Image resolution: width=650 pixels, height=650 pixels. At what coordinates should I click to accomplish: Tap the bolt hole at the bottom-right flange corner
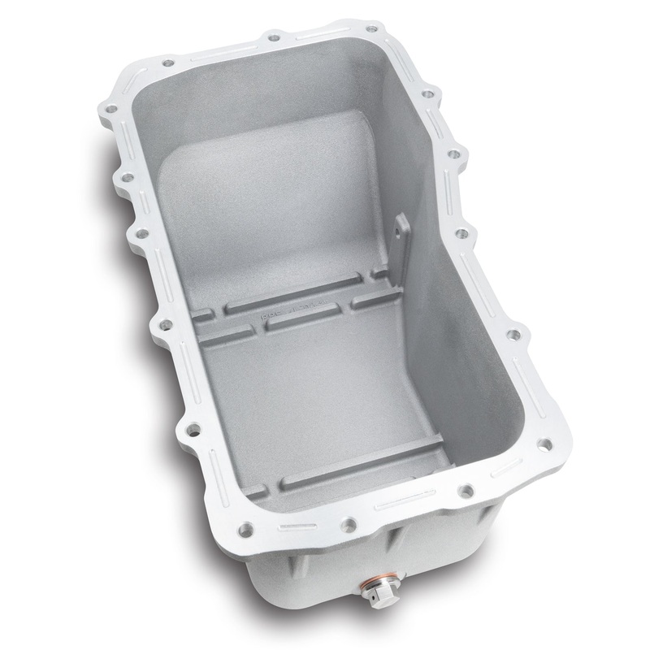click(x=546, y=443)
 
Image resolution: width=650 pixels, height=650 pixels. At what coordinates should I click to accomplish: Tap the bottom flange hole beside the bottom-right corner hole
click(x=466, y=491)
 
